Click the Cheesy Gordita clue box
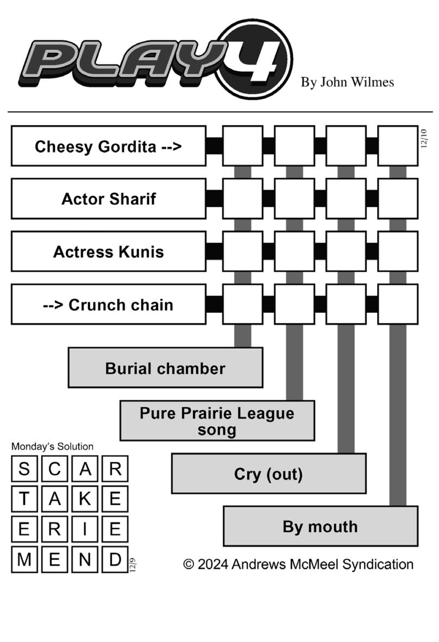click(x=109, y=146)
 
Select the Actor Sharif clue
click(x=109, y=199)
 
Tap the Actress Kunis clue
click(x=109, y=251)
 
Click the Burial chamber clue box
click(x=166, y=368)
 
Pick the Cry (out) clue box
click(x=268, y=473)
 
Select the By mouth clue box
click(x=321, y=526)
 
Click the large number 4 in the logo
click(x=256, y=60)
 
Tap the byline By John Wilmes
click(x=347, y=83)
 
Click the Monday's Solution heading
click(x=52, y=446)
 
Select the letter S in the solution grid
click(x=24, y=469)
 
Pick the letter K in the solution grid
click(x=85, y=499)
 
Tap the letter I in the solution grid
click(x=85, y=530)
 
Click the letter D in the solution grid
click(x=116, y=559)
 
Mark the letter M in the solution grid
click(x=24, y=559)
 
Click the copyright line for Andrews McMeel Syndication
click(x=298, y=564)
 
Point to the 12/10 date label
click(x=424, y=139)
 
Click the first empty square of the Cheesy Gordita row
click(x=243, y=146)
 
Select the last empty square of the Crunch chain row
click(x=398, y=304)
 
